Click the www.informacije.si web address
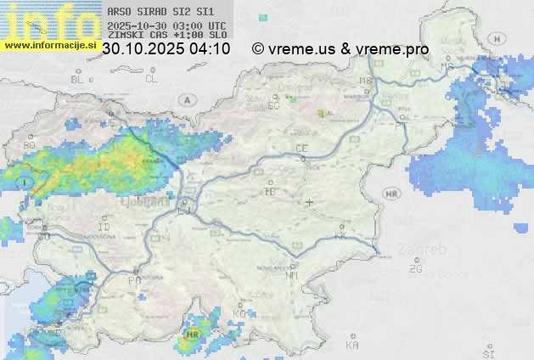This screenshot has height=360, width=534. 50,46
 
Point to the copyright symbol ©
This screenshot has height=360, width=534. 257,49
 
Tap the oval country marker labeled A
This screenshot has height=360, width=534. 185,99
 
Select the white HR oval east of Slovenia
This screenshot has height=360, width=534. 391,194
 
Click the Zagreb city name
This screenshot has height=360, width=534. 426,250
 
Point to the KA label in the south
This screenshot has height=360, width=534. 351,345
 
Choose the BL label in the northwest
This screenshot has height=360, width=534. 79,79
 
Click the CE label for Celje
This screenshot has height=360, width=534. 301,149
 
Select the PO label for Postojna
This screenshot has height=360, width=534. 134,279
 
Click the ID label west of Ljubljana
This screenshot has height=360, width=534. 104,228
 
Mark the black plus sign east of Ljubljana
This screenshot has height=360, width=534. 310,202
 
